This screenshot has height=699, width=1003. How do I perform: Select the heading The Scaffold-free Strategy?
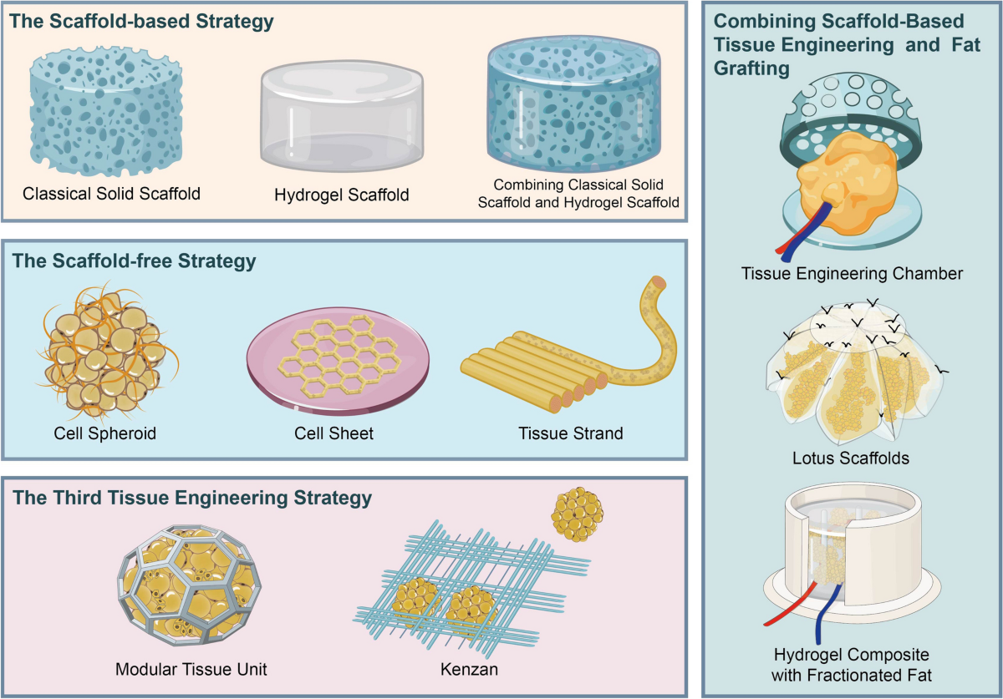(x=134, y=261)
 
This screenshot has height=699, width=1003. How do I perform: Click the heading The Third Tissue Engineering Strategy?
(x=191, y=499)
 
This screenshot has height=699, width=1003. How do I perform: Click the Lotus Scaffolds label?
(x=849, y=458)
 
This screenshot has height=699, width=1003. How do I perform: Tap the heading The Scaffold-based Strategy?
(x=142, y=21)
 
